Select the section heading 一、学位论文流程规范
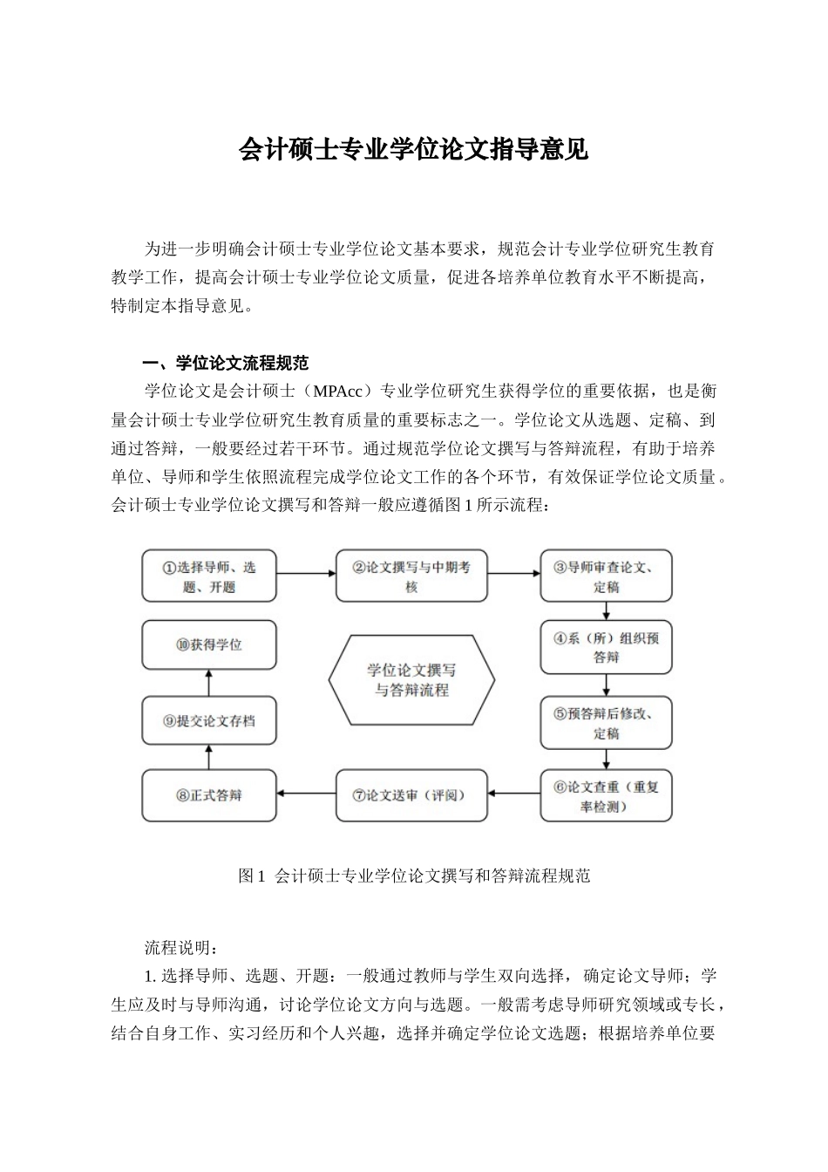coord(226,363)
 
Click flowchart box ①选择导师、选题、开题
coord(209,576)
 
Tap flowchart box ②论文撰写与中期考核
coord(411,576)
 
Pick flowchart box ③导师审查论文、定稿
coord(606,576)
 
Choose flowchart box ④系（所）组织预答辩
coord(606,647)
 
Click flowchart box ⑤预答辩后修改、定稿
coord(606,722)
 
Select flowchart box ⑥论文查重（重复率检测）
coord(606,795)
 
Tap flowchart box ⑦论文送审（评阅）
coord(411,795)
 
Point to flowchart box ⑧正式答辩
coord(209,795)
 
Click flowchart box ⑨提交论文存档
coord(209,721)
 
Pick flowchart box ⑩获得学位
coord(209,645)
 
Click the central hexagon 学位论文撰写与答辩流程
coord(411,680)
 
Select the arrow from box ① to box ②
coord(306,574)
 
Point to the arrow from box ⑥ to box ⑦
coord(514,794)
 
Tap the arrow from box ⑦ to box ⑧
coord(307,794)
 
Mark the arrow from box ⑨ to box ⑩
coord(209,683)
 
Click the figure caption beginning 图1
coord(414,876)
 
